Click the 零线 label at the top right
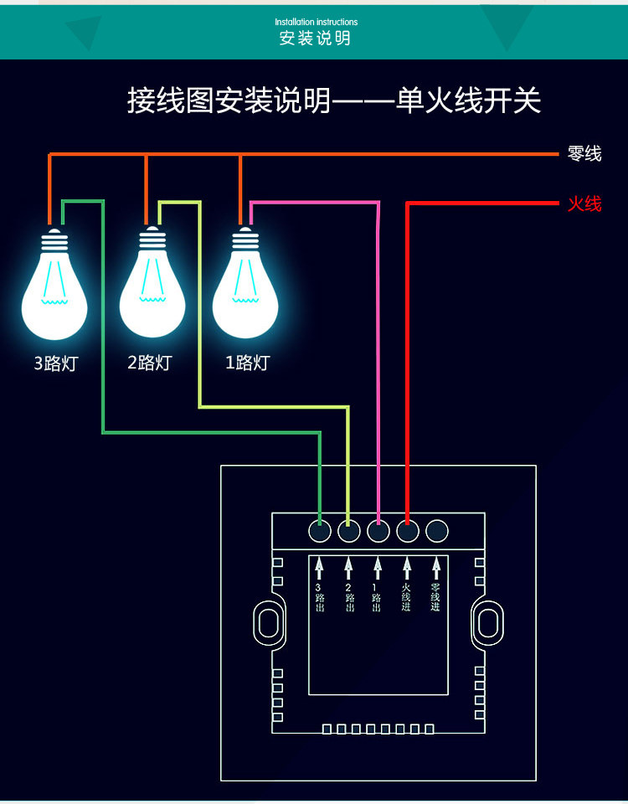(584, 154)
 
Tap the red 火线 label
(584, 204)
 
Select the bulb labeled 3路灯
(54, 285)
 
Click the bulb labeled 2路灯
(152, 285)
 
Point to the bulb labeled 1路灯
(245, 285)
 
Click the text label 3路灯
(55, 363)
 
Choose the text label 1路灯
(247, 363)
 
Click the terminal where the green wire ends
(320, 531)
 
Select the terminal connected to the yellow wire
(349, 531)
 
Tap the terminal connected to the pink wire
(378, 531)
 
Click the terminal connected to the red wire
(408, 531)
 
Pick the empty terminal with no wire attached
(436, 531)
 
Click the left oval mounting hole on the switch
(266, 623)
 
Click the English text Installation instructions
(316, 22)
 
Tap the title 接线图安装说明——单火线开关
(334, 101)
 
